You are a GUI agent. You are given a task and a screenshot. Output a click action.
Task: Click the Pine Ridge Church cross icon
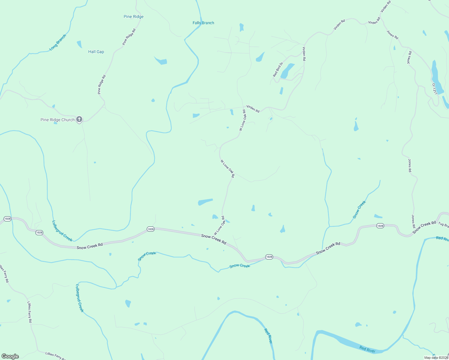pyautogui.click(x=79, y=119)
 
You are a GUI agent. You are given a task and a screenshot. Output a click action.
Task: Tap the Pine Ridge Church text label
pyautogui.click(x=58, y=120)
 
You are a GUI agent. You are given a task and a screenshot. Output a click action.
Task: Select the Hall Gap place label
pyautogui.click(x=96, y=52)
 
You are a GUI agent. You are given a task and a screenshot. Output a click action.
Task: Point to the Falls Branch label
pyautogui.click(x=203, y=23)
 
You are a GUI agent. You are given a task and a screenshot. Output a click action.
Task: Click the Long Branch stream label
pyautogui.click(x=58, y=43)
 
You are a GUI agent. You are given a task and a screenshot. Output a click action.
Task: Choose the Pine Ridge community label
pyautogui.click(x=134, y=16)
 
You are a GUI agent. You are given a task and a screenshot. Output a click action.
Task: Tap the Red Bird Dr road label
pyautogui.click(x=278, y=69)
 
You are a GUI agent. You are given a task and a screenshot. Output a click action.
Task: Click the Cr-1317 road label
pyautogui.click(x=434, y=89)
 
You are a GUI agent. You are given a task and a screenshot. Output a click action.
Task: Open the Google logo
pyautogui.click(x=10, y=356)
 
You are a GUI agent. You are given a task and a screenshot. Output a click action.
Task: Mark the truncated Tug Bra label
pyautogui.click(x=443, y=224)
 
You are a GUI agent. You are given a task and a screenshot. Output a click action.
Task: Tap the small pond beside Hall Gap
pyautogui.click(x=79, y=44)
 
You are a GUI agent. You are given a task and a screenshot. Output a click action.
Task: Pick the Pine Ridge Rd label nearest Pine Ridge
pyautogui.click(x=129, y=37)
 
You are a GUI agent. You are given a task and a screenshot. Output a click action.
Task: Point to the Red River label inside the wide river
pyautogui.click(x=367, y=349)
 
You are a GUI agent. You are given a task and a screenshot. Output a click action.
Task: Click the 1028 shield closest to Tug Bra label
pyautogui.click(x=380, y=226)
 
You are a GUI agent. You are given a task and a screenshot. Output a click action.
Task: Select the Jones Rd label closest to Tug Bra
pyautogui.click(x=413, y=221)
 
